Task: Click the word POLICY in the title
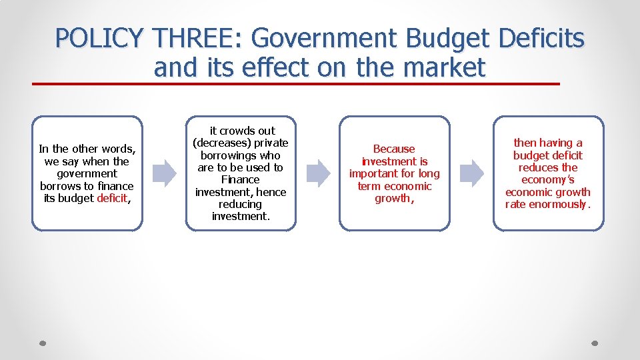[99, 39]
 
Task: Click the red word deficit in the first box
[111, 198]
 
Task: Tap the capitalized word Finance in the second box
[240, 179]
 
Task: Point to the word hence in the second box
[271, 192]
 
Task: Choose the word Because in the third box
[394, 149]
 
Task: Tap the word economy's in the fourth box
[548, 179]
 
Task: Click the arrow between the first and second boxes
[164, 173]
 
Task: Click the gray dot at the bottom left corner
[42, 343]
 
